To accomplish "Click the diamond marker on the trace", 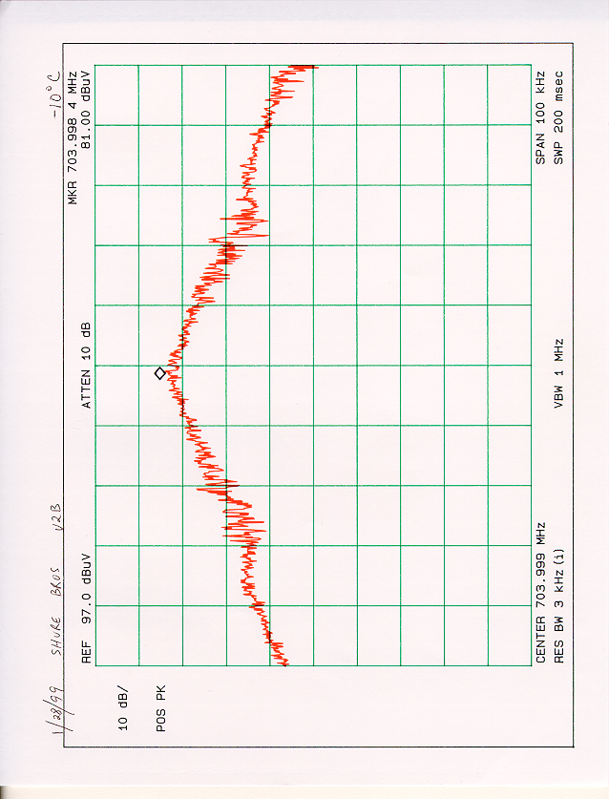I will point(159,372).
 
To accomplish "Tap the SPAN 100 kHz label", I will point(541,117).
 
